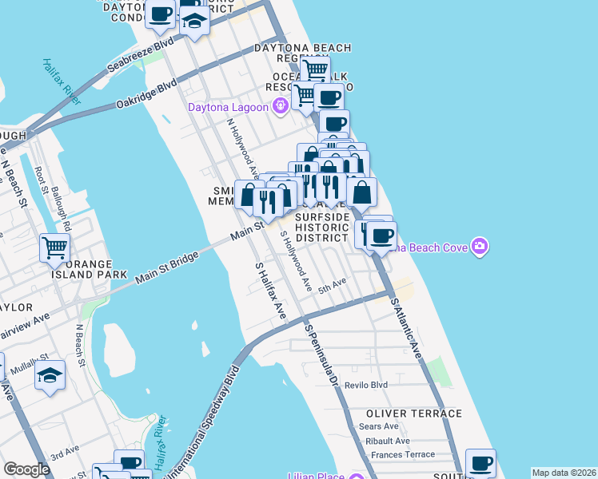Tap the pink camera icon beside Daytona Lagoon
click(x=280, y=105)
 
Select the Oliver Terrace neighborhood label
click(x=414, y=414)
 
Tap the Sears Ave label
click(x=379, y=426)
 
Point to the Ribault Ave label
click(x=386, y=440)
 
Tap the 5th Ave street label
click(x=332, y=284)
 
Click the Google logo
click(x=26, y=469)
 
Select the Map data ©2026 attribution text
click(x=564, y=473)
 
